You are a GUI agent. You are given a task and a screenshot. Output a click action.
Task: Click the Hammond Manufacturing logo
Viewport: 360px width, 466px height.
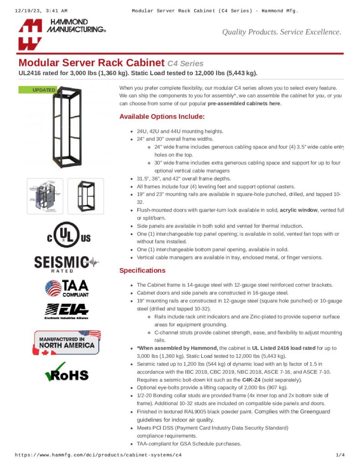[61, 34]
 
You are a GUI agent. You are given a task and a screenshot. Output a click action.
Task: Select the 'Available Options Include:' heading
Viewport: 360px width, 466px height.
[162, 116]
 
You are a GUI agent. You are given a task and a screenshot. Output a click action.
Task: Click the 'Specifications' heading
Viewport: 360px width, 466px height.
[142, 270]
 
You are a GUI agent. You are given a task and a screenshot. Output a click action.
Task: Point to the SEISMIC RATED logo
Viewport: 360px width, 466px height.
[66, 263]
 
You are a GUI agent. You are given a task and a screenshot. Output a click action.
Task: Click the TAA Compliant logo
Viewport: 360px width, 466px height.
[67, 288]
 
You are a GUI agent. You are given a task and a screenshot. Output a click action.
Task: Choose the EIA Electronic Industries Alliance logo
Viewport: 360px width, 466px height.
[66, 311]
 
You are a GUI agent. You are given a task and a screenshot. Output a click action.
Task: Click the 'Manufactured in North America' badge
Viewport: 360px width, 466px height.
[67, 343]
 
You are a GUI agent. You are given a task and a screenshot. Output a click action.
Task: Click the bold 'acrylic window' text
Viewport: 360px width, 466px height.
[299, 210]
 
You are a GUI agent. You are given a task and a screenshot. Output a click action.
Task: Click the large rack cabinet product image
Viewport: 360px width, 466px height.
[66, 128]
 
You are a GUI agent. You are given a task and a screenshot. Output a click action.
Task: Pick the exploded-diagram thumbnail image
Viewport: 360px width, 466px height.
[45, 196]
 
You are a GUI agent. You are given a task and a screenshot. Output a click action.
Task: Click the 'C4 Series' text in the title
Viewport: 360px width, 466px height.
[185, 64]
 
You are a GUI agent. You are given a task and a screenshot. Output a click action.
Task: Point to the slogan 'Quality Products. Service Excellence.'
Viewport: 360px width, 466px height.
[281, 32]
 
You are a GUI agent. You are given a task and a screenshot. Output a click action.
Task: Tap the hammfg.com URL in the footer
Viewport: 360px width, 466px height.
[98, 455]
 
